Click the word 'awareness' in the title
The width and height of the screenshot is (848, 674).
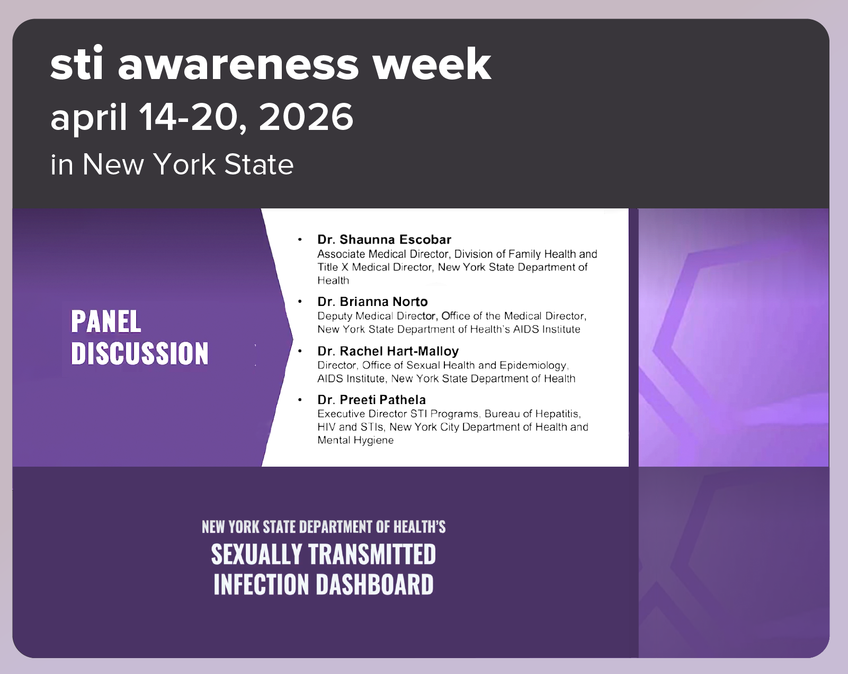[238, 64]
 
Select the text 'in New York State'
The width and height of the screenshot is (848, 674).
[172, 164]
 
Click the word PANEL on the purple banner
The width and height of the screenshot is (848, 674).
[106, 322]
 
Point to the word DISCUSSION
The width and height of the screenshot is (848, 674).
[140, 354]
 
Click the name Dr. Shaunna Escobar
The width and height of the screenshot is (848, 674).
[384, 239]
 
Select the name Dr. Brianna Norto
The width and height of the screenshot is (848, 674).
[372, 302]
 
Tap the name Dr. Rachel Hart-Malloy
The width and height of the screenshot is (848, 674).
[388, 351]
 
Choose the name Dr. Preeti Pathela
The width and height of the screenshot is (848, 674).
[371, 400]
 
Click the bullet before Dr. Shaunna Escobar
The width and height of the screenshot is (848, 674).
[300, 240]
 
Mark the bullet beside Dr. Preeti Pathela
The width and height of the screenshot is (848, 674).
[300, 400]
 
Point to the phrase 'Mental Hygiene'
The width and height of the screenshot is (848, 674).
[355, 440]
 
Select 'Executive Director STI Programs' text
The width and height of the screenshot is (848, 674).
[398, 414]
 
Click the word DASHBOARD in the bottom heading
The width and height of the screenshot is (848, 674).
[374, 584]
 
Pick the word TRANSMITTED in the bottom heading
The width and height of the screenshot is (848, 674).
[372, 555]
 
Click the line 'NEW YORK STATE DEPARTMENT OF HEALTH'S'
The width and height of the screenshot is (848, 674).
[324, 527]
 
